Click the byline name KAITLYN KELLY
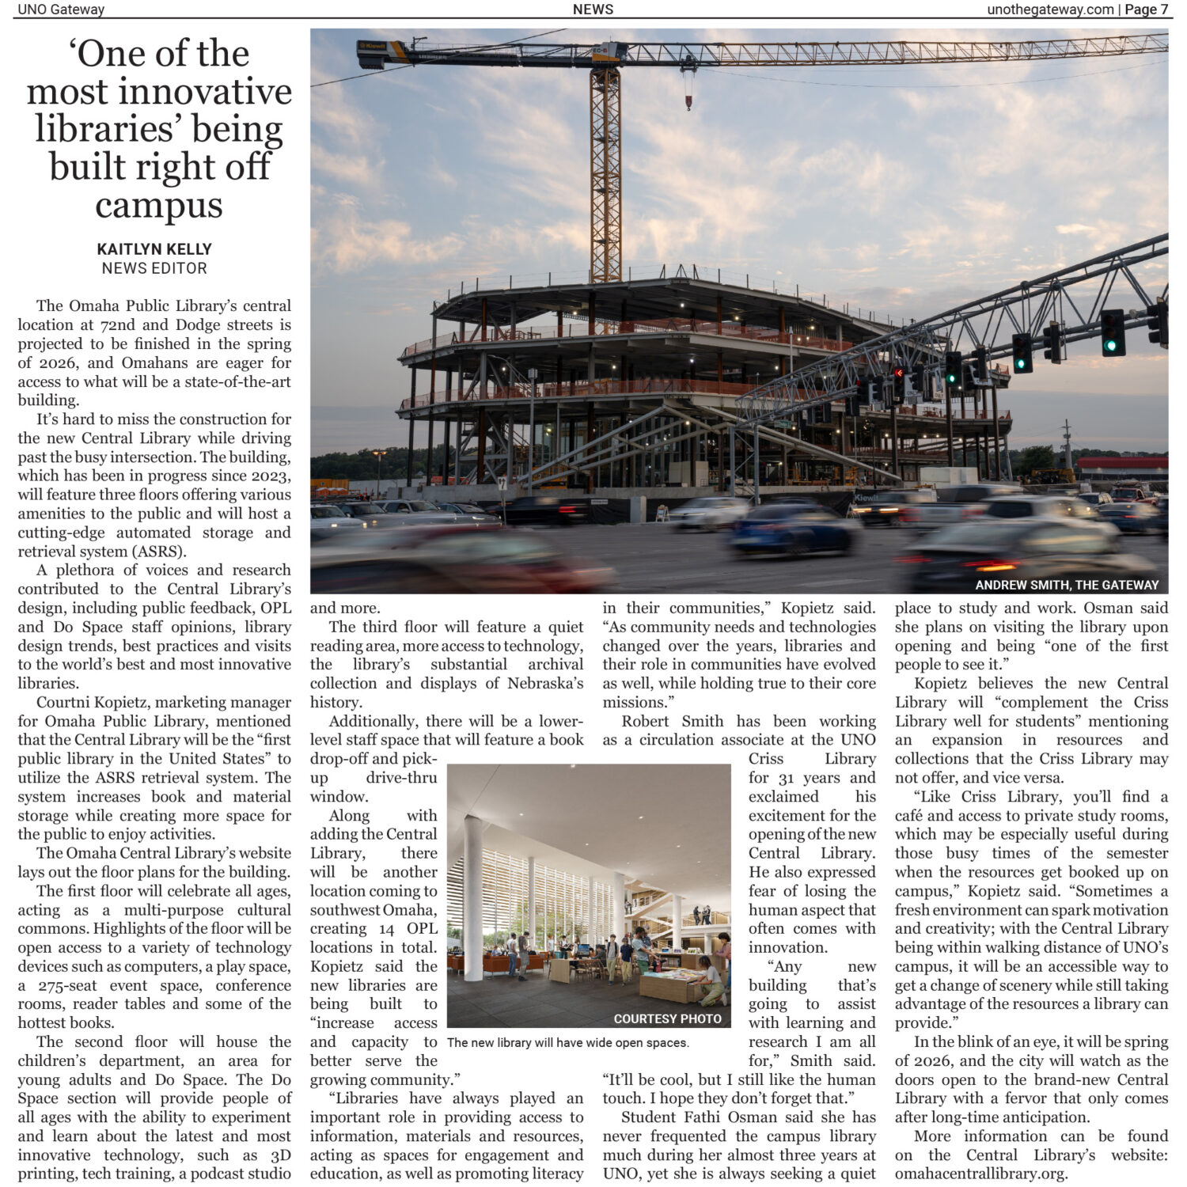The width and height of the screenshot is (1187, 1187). coord(154,248)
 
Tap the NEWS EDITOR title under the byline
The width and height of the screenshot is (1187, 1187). coord(154,268)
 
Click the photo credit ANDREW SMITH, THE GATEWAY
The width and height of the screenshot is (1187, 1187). coord(1066,585)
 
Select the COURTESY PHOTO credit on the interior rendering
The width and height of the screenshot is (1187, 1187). coord(667,1018)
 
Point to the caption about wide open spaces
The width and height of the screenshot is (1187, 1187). coord(567,1042)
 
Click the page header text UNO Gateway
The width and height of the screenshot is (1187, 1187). coord(61,9)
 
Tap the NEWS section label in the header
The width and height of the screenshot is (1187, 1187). coord(593,9)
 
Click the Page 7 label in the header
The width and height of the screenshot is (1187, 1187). coord(1147,9)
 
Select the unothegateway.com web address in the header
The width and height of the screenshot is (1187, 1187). coord(1050,9)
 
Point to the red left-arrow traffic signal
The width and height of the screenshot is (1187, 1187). coord(898,373)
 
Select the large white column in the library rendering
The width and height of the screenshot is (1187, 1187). coord(473,898)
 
